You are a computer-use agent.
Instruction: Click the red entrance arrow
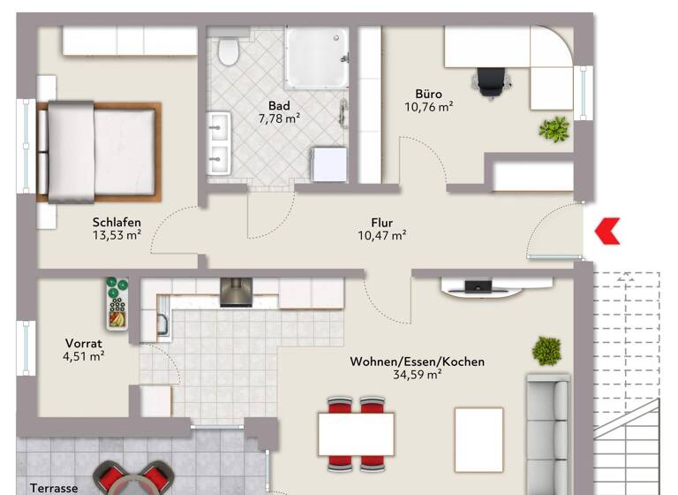[607, 232]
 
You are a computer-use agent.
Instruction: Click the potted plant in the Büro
[554, 130]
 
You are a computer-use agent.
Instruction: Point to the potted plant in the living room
[547, 350]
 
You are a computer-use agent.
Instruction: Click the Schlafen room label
[117, 223]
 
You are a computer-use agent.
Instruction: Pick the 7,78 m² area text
[280, 118]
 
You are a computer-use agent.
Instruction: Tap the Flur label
[381, 223]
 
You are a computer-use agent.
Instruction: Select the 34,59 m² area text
[417, 374]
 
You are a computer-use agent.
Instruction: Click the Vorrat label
[85, 343]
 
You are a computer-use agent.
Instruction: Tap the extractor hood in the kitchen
[236, 293]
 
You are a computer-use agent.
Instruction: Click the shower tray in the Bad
[316, 57]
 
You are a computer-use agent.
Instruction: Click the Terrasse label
[54, 487]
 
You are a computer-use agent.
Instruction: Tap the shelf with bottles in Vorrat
[117, 304]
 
